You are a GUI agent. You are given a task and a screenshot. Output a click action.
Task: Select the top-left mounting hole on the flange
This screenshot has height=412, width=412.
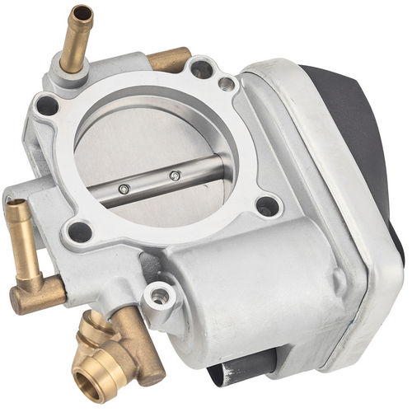[47, 105]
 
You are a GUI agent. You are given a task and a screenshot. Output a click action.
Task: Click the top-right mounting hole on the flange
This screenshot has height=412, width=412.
[200, 69]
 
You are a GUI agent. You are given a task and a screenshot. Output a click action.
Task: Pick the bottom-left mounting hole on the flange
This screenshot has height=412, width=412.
[80, 232]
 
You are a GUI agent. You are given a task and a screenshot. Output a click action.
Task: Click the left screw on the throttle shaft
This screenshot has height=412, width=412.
[124, 189]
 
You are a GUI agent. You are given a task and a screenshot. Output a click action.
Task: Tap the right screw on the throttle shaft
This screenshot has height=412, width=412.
[175, 175]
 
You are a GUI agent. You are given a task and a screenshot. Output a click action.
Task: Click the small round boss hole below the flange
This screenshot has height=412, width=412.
[157, 295]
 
